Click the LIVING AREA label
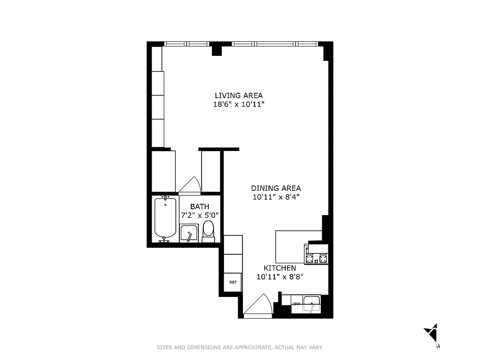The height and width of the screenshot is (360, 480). click(238, 95)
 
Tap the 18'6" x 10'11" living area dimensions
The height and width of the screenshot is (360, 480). click(238, 104)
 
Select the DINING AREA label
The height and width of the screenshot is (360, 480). click(276, 188)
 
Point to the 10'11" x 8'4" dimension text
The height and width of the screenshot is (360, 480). click(276, 197)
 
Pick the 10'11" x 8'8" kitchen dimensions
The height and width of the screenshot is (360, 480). click(280, 277)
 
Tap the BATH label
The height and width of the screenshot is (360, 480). click(199, 207)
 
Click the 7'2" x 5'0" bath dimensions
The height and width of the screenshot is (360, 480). click(200, 215)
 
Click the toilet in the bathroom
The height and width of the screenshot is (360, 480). click(208, 229)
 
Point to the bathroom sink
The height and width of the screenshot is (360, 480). click(189, 233)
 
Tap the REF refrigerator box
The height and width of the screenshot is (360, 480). click(233, 283)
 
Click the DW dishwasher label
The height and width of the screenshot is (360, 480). click(296, 304)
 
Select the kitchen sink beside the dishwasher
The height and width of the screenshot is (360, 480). click(311, 304)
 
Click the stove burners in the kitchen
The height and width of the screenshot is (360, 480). click(316, 259)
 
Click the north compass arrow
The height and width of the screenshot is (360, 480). click(432, 333)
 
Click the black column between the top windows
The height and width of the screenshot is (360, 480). click(217, 48)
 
